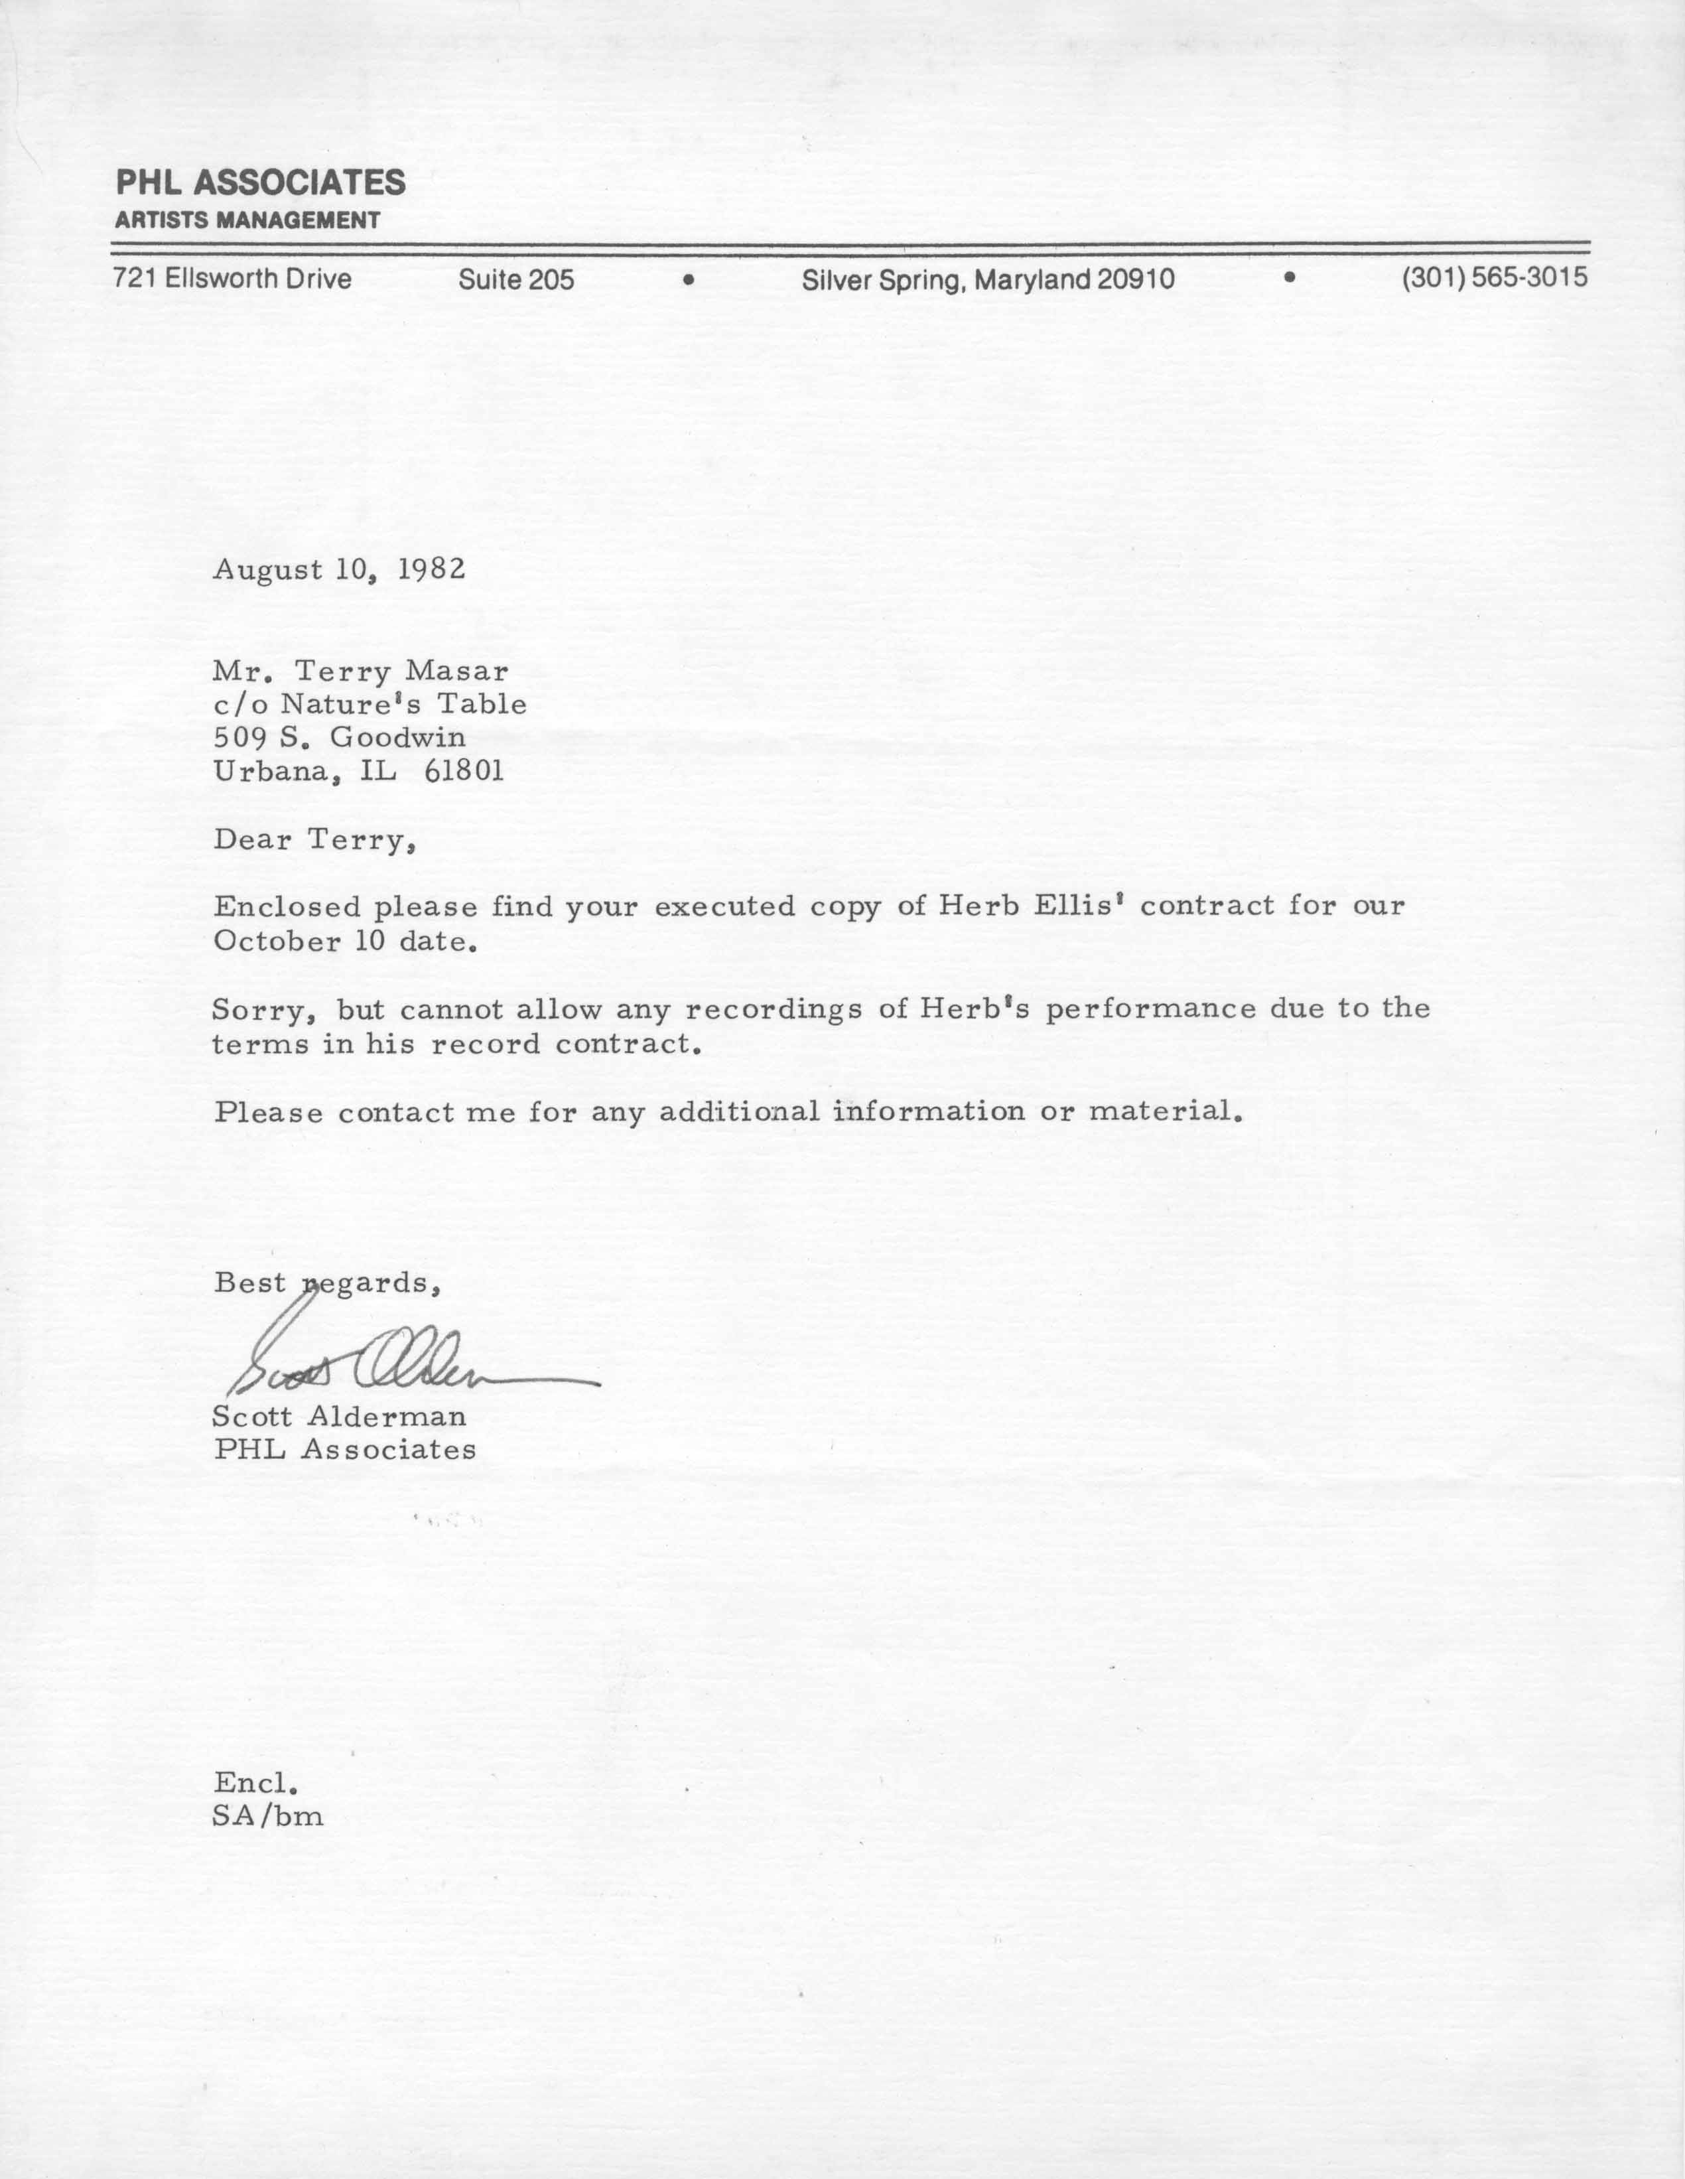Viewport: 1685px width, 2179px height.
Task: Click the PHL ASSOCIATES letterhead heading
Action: pyautogui.click(x=261, y=182)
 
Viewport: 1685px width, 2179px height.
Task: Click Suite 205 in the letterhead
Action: pyautogui.click(x=515, y=279)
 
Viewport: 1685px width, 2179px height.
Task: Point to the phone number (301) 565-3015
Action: pyautogui.click(x=1493, y=277)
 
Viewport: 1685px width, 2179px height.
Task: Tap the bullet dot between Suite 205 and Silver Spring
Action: pyautogui.click(x=687, y=281)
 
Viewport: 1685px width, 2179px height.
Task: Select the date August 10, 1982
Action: pyautogui.click(x=339, y=570)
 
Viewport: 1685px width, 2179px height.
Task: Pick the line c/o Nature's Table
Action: pyautogui.click(x=369, y=705)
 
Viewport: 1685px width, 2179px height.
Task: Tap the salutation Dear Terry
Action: pyautogui.click(x=313, y=839)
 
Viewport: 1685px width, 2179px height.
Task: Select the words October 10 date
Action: pyautogui.click(x=344, y=941)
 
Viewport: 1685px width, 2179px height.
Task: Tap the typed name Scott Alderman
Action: pyautogui.click(x=339, y=1416)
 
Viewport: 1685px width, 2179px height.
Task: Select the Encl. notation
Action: pyautogui.click(x=255, y=1782)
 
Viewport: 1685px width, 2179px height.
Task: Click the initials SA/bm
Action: pyautogui.click(x=267, y=1816)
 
